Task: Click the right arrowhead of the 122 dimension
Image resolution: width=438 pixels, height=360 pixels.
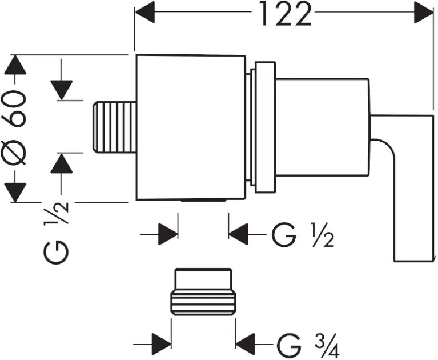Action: coord(424,12)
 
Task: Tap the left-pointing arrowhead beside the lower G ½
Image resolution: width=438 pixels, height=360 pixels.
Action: coord(239,233)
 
